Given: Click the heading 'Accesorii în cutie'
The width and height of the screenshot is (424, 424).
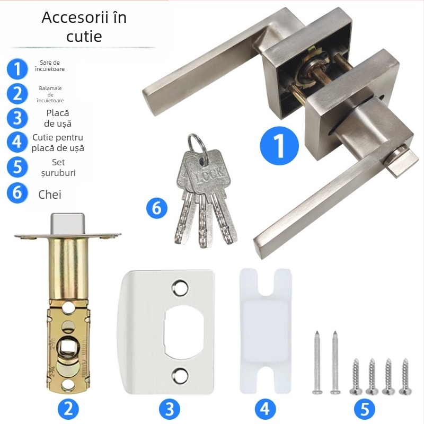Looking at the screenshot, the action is tap(84, 26).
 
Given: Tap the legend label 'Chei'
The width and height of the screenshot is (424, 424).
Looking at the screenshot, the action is tap(50, 195).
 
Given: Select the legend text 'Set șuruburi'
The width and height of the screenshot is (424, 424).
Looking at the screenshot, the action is tap(58, 167).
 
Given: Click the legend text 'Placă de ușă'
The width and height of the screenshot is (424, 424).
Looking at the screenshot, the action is tap(58, 118).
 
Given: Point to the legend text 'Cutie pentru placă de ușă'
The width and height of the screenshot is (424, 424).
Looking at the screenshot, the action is tap(58, 143).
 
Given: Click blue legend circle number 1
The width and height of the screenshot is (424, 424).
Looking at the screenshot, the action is tap(17, 69).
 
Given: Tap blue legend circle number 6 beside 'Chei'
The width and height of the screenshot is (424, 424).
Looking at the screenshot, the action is tap(17, 192).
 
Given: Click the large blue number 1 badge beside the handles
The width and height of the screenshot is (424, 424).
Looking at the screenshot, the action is tap(279, 146).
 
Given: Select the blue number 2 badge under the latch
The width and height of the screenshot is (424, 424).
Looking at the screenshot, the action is tap(68, 408).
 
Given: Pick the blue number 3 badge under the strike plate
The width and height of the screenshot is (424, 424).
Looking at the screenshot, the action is tap(169, 408).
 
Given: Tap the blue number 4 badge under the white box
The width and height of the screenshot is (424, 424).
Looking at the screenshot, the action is tap(266, 408).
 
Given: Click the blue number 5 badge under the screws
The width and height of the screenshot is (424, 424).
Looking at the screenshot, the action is tap(365, 408).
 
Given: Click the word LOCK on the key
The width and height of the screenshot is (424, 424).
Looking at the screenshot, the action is tap(208, 175).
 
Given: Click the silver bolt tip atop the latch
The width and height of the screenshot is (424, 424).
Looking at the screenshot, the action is tap(68, 224).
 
